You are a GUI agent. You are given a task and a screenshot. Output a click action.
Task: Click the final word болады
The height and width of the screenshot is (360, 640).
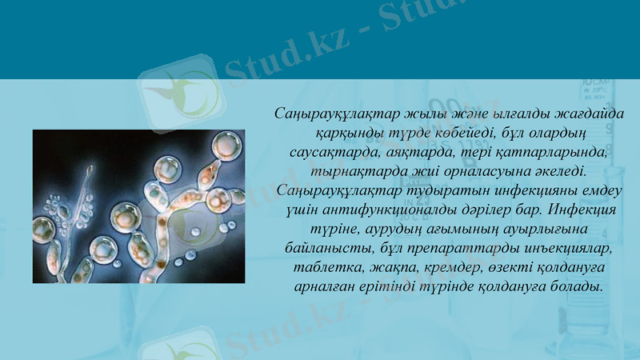tap(576, 286)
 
